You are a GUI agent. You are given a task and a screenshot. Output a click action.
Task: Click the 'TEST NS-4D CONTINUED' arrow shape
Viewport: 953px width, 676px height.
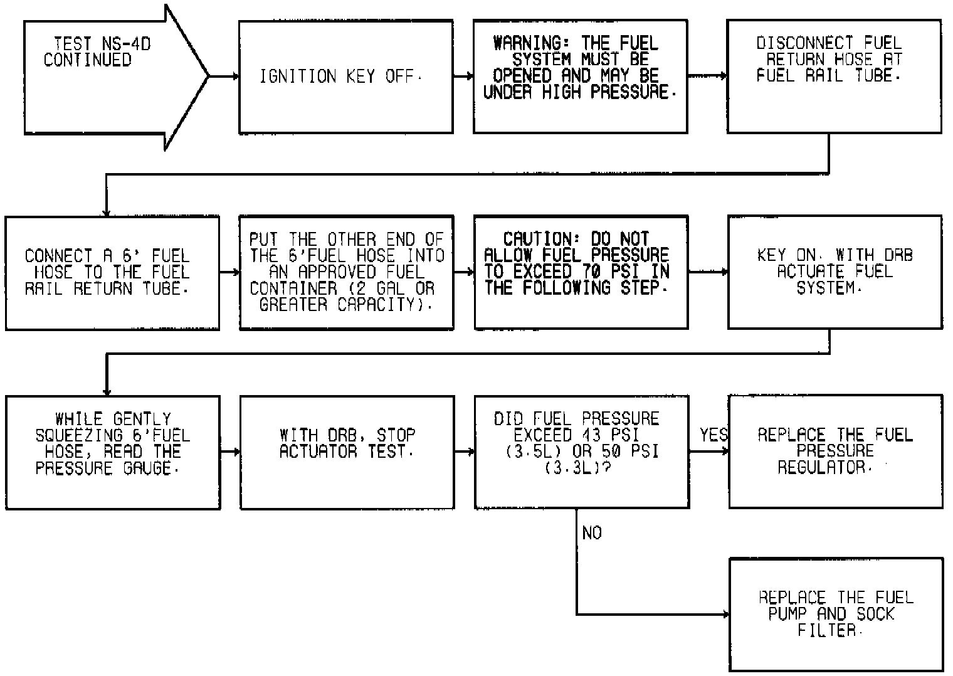pyautogui.click(x=100, y=77)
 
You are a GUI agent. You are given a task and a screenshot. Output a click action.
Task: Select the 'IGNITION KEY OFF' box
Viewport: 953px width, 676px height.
pyautogui.click(x=345, y=77)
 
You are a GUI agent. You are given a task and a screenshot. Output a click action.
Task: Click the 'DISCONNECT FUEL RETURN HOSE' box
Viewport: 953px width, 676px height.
pyautogui.click(x=833, y=77)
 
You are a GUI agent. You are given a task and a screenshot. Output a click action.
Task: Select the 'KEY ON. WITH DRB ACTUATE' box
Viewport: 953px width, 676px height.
pyautogui.click(x=834, y=272)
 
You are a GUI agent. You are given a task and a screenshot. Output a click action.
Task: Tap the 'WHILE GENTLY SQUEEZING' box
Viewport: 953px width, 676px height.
pyautogui.click(x=113, y=452)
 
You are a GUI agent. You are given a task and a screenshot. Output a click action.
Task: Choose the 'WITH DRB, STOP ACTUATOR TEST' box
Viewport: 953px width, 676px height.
pyautogui.click(x=347, y=452)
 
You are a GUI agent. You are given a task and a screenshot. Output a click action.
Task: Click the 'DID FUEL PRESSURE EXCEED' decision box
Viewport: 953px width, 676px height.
pyautogui.click(x=581, y=452)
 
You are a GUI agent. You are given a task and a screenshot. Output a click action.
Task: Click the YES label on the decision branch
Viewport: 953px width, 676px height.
pyautogui.click(x=713, y=435)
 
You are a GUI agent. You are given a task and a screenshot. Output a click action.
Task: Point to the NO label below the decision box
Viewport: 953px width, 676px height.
pyautogui.click(x=592, y=533)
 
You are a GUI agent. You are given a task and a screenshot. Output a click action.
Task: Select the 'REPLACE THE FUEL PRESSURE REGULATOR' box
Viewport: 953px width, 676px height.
pyautogui.click(x=835, y=452)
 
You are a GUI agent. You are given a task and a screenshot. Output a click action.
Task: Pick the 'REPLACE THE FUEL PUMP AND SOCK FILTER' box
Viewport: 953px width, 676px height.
pyautogui.click(x=836, y=615)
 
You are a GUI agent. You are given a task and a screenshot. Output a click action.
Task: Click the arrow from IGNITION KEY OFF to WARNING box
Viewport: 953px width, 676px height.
pyautogui.click(x=463, y=77)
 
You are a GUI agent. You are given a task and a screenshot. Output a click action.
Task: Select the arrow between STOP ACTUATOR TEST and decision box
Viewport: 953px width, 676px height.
pyautogui.click(x=463, y=452)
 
